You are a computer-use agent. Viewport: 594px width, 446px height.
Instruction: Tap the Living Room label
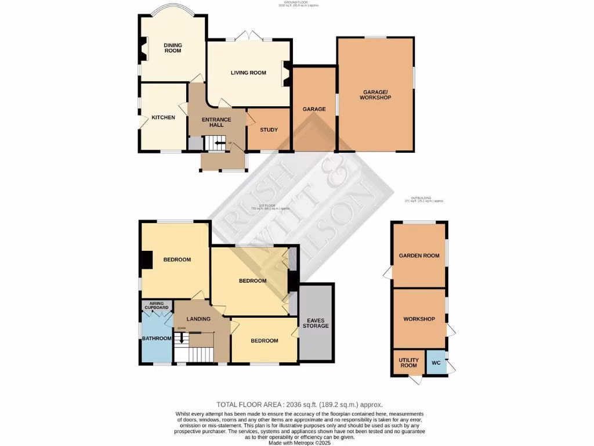(x=248, y=73)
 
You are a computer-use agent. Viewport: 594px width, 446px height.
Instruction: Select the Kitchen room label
(x=163, y=117)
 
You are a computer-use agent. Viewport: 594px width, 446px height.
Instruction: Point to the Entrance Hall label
(x=216, y=123)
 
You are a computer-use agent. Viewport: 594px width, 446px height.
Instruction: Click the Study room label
(x=269, y=130)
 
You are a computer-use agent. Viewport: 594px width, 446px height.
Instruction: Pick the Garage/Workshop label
(x=377, y=95)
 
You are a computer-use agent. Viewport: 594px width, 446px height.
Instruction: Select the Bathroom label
(x=157, y=339)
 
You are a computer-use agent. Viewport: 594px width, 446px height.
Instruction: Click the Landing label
(x=198, y=319)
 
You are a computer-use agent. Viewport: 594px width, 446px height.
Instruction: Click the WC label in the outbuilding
(x=436, y=363)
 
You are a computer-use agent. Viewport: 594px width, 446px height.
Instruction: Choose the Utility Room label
(x=409, y=362)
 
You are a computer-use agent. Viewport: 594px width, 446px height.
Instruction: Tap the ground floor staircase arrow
(x=219, y=142)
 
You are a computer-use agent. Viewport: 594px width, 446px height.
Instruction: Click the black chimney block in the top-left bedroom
(x=147, y=259)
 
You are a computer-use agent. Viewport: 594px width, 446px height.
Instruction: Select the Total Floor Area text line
(x=299, y=404)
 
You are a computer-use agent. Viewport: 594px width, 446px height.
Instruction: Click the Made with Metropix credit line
(x=300, y=442)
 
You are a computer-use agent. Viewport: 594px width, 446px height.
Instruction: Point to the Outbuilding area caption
(x=424, y=200)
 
